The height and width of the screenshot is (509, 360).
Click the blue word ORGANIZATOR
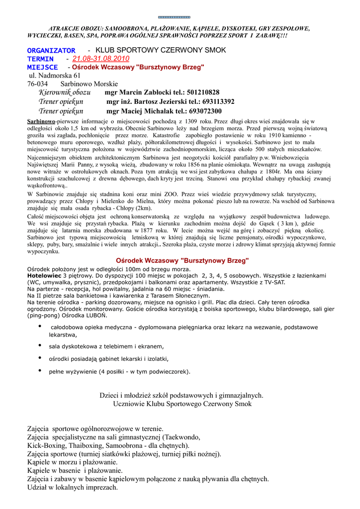(x=51, y=51)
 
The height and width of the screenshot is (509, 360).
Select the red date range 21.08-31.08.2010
(x=101, y=59)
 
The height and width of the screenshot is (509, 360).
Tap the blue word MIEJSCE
(x=42, y=67)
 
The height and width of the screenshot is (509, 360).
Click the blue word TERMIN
(x=40, y=59)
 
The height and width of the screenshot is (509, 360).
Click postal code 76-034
(x=37, y=84)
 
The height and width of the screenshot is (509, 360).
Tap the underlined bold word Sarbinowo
(x=41, y=121)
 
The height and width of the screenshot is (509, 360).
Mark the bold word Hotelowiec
(x=44, y=275)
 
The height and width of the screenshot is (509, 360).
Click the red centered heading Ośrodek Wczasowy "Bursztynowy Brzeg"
(x=182, y=260)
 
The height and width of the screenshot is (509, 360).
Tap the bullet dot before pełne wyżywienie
(x=40, y=370)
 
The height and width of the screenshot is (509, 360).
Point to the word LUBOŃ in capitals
(x=96, y=315)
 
